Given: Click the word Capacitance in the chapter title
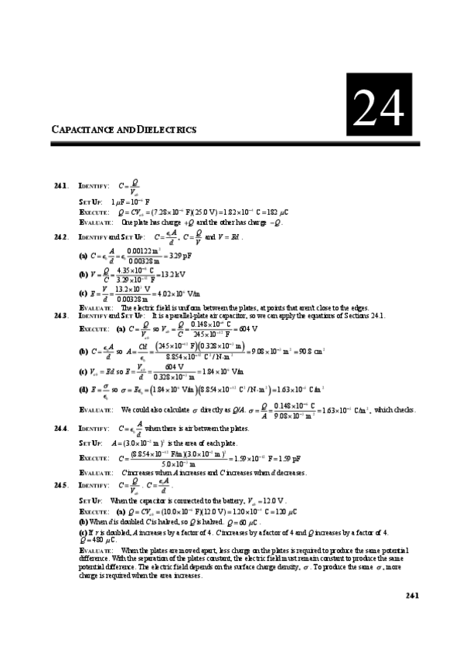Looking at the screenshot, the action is pos(83,130).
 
